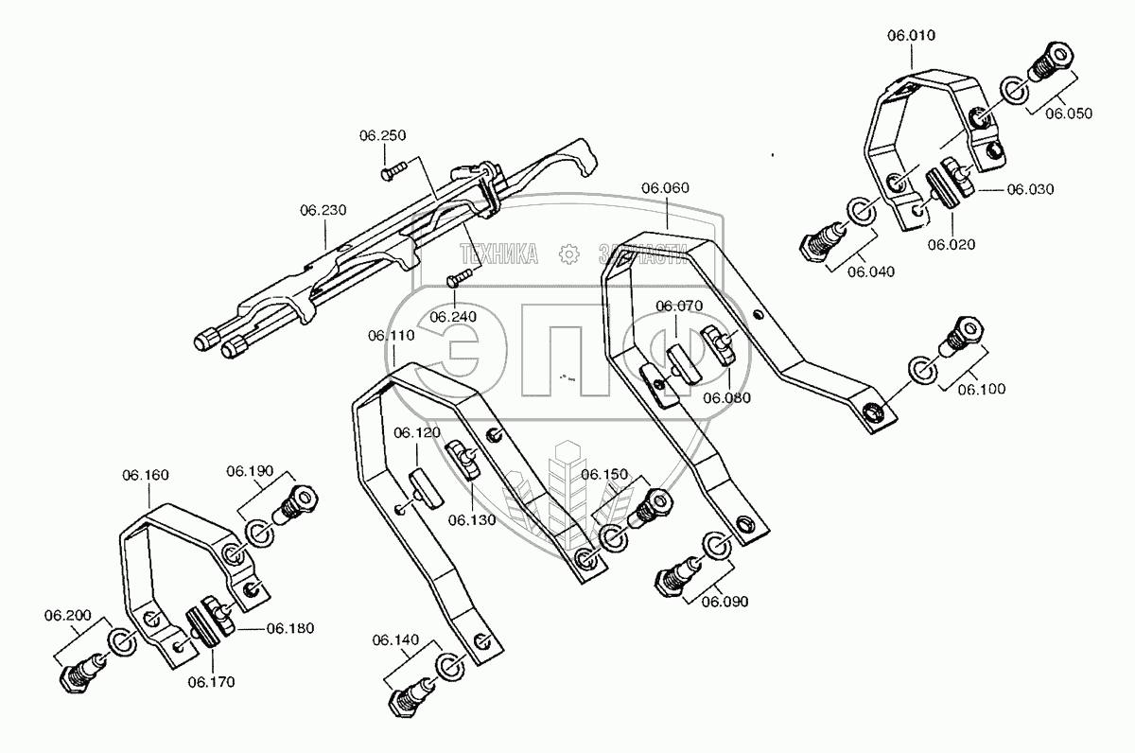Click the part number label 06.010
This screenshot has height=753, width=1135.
click(x=911, y=36)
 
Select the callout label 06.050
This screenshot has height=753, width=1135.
click(x=1068, y=113)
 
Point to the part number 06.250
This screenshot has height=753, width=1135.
click(x=382, y=136)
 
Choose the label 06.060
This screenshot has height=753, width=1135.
click(x=666, y=188)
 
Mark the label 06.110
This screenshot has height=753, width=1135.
click(x=392, y=335)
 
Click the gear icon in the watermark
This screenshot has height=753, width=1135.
click(x=567, y=253)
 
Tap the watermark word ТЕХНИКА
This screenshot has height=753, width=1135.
click(x=498, y=253)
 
